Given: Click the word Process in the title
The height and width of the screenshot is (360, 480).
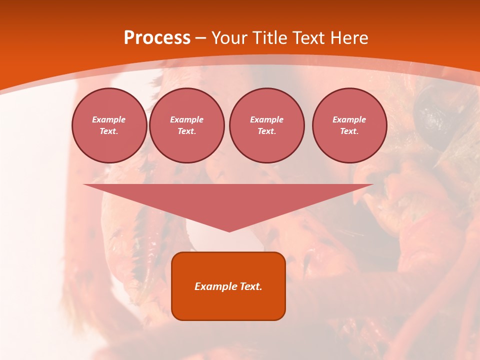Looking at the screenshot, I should (x=157, y=38).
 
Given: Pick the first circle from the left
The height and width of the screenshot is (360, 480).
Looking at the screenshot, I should (x=109, y=125).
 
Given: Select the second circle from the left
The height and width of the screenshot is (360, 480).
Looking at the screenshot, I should (x=187, y=125).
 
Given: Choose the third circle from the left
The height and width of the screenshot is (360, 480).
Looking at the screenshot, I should (x=267, y=125).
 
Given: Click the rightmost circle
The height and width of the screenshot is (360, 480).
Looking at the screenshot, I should (x=349, y=125).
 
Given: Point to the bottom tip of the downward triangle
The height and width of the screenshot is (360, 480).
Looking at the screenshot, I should (x=229, y=230).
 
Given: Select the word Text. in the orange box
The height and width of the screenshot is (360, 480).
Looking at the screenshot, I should (x=250, y=286).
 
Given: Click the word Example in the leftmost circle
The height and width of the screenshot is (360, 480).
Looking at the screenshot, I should (x=109, y=119).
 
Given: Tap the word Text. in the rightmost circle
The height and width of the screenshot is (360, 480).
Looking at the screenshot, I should (x=349, y=131).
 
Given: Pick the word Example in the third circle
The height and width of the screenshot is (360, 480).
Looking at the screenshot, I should (x=267, y=119).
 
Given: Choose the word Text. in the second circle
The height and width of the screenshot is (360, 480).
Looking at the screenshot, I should (x=187, y=131).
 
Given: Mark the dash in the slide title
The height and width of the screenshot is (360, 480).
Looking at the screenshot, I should (x=200, y=38).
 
